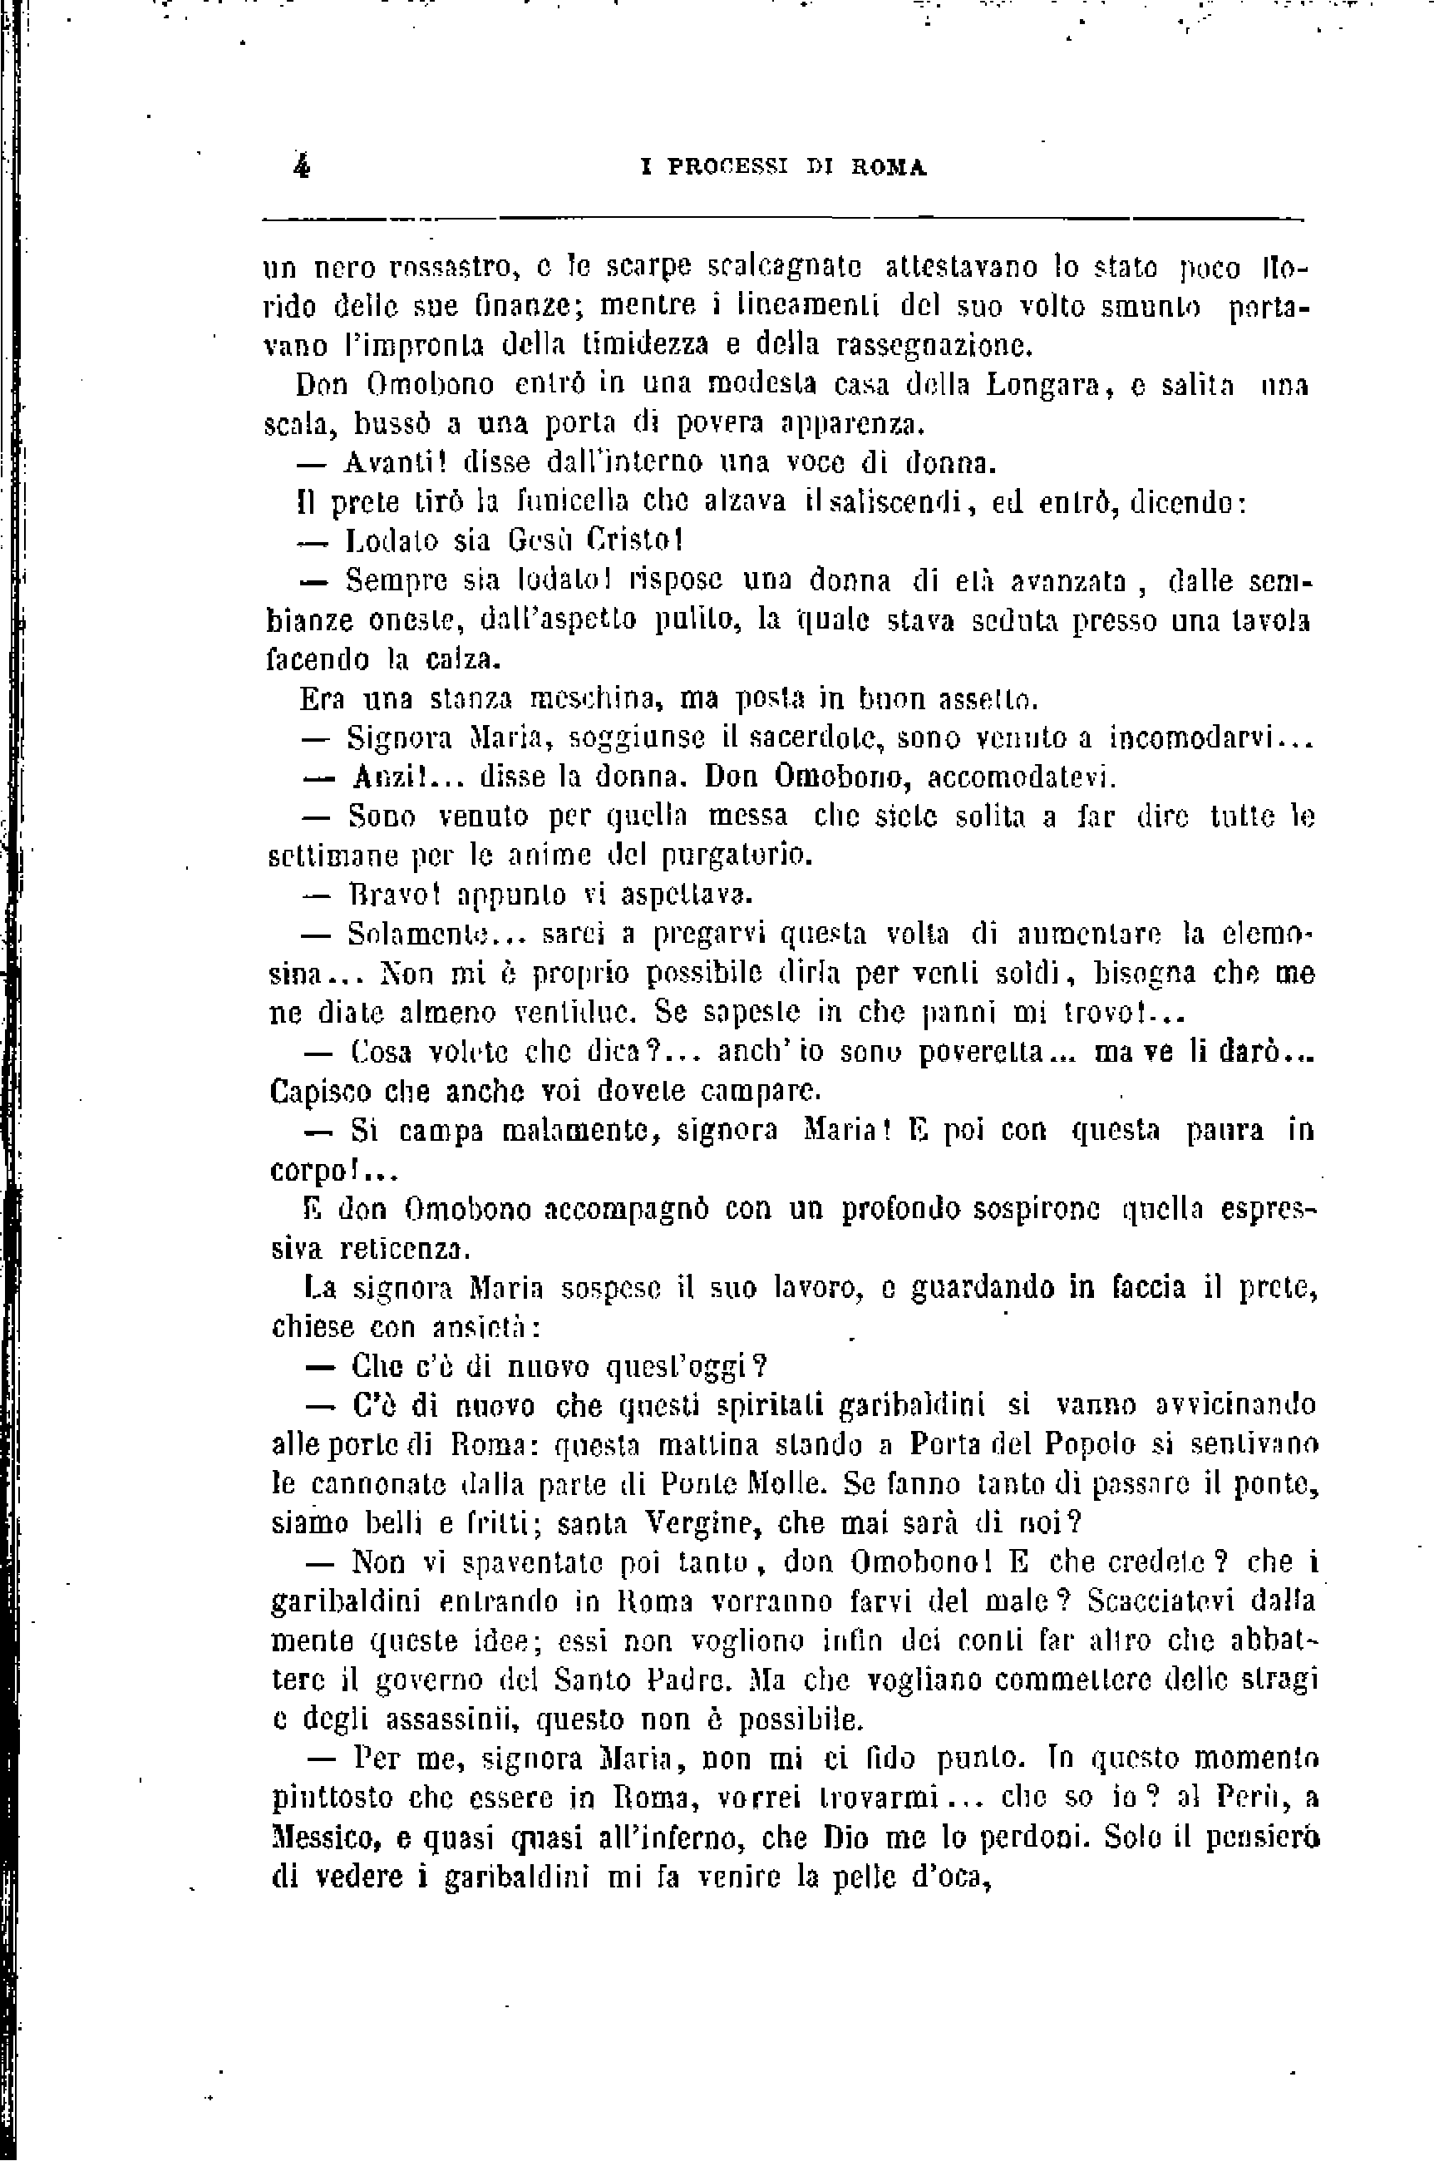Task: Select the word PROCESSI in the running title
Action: tap(728, 167)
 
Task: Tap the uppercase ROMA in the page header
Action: tap(889, 167)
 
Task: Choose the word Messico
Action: tap(321, 1838)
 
